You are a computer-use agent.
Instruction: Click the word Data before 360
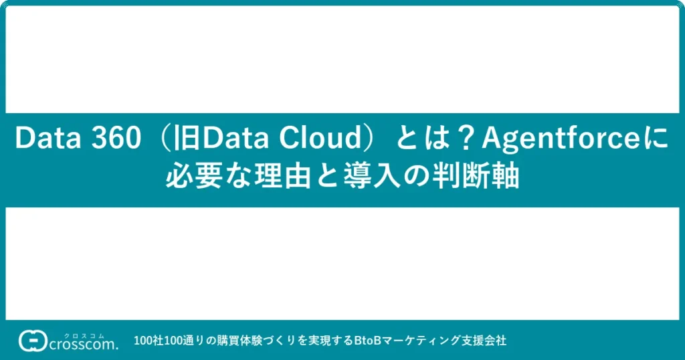[47, 138]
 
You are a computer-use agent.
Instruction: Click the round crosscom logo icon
[33, 341]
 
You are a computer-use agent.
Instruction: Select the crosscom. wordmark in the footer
[84, 345]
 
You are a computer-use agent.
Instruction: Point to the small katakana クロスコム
[84, 336]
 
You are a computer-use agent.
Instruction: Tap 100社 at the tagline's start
[149, 341]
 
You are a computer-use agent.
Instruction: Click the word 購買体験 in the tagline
[240, 341]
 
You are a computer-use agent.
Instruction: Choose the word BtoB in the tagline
[367, 341]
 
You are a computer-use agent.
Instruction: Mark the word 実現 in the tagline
[319, 341]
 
